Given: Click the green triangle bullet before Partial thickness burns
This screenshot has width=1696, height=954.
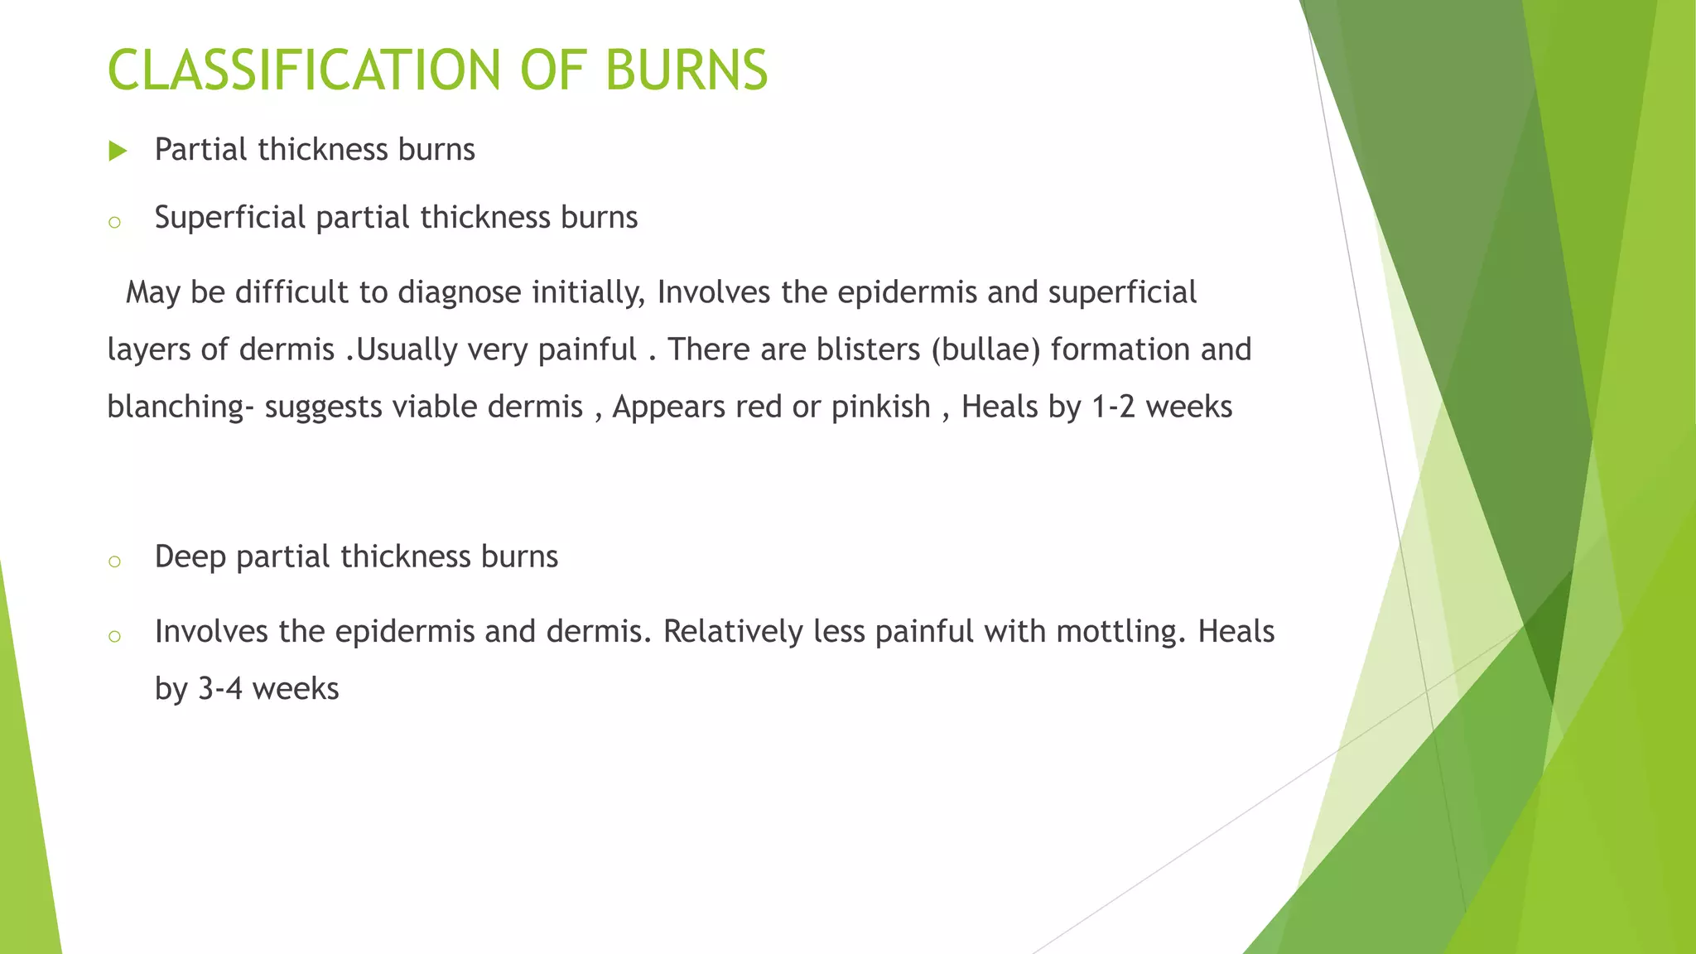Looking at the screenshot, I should coord(118,151).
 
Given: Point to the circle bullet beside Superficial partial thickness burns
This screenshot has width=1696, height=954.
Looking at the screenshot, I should coord(115,222).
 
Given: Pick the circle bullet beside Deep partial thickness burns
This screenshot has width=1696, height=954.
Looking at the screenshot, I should coord(115,561).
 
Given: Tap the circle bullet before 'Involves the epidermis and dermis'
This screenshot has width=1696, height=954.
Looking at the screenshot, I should coord(115,636).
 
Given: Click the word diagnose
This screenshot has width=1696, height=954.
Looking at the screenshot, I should coord(460,293).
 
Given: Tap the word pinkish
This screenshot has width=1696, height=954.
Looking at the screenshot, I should coord(881,407).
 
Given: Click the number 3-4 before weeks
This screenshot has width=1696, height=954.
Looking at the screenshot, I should coord(219,689).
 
